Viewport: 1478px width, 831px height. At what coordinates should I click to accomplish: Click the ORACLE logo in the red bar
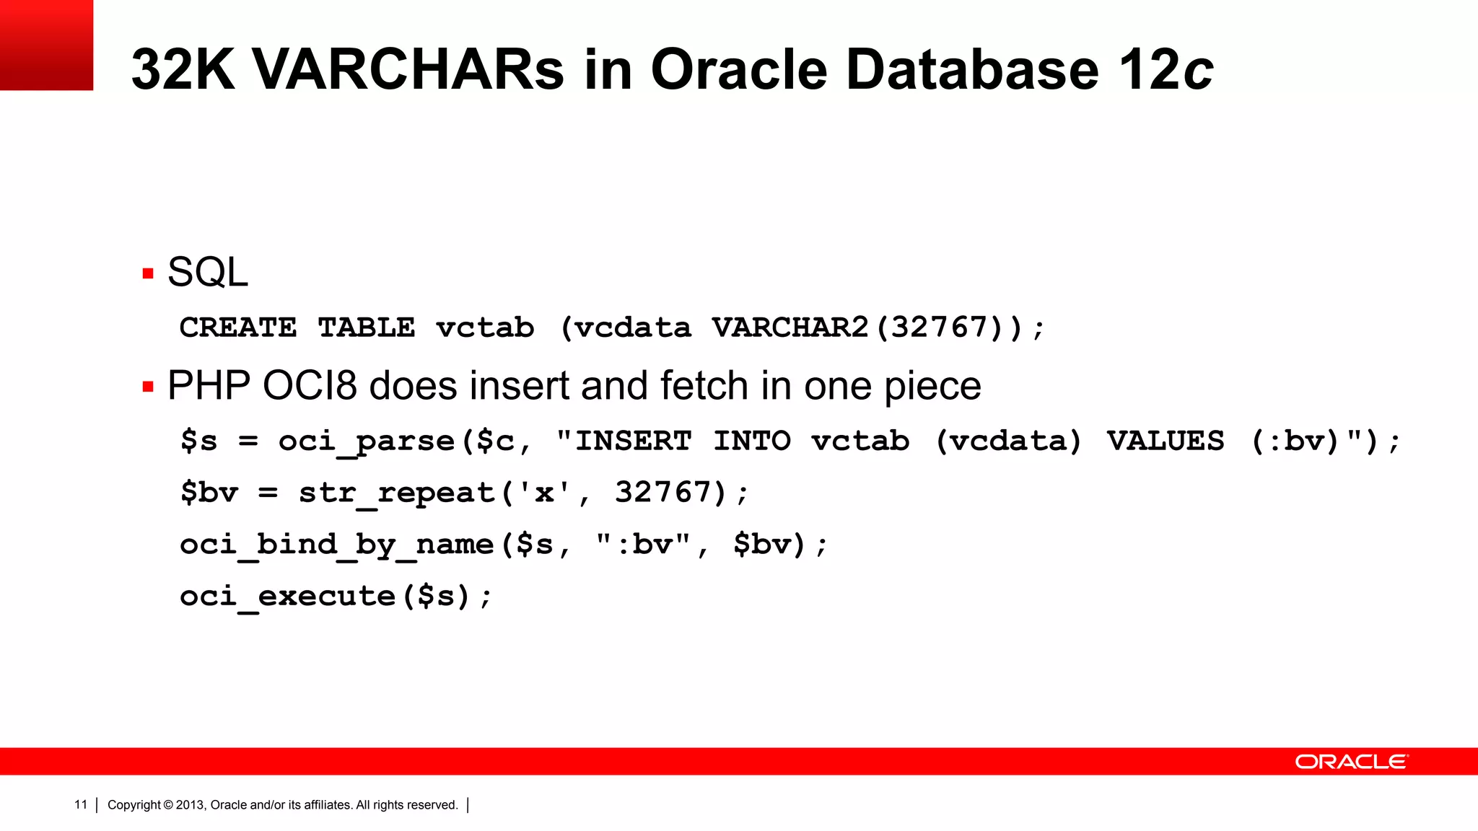click(x=1351, y=762)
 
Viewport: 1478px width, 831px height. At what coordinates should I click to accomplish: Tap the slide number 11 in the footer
click(x=81, y=804)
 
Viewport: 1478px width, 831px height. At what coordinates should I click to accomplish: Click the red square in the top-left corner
click(x=46, y=45)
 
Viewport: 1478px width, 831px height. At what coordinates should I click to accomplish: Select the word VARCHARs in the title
click(x=408, y=70)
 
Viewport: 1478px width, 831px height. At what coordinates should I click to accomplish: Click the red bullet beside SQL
click(x=149, y=273)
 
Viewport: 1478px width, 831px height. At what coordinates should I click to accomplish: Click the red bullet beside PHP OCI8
click(x=149, y=387)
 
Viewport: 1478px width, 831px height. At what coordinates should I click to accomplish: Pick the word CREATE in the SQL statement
click(x=238, y=328)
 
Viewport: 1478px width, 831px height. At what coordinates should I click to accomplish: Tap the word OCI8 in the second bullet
click(x=310, y=386)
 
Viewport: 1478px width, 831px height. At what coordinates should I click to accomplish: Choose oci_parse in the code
click(x=367, y=441)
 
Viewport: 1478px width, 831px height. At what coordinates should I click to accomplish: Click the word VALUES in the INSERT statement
click(x=1166, y=441)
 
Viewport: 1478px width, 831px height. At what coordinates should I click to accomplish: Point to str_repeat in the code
click(x=396, y=493)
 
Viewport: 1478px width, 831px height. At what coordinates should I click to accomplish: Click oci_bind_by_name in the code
click(x=336, y=545)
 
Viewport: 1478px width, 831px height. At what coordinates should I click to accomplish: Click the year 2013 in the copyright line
click(x=190, y=805)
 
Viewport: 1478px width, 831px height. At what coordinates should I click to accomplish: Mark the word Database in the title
click(x=972, y=70)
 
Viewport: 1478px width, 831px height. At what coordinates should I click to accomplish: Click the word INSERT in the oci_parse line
click(x=633, y=441)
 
